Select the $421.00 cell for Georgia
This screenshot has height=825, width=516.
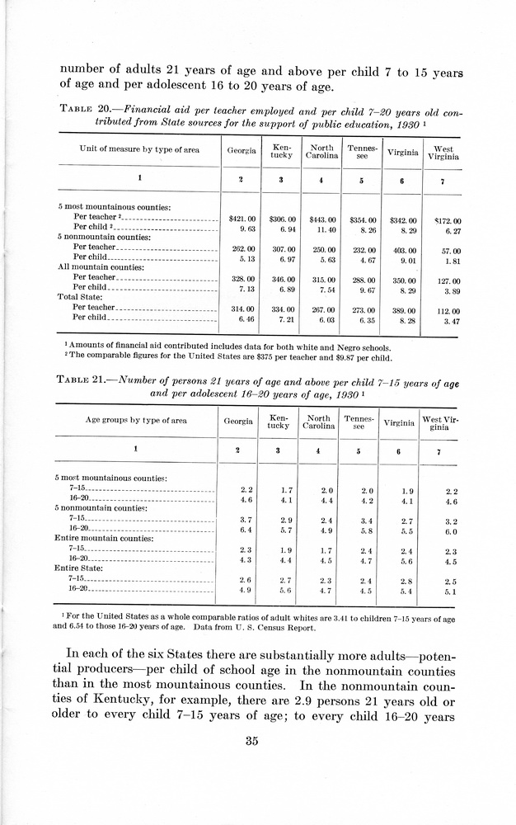point(242,220)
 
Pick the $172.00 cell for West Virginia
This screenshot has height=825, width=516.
point(446,221)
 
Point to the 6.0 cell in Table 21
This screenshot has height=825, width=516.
point(450,531)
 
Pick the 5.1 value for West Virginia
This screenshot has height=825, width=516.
point(450,591)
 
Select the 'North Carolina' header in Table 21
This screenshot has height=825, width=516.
point(318,422)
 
